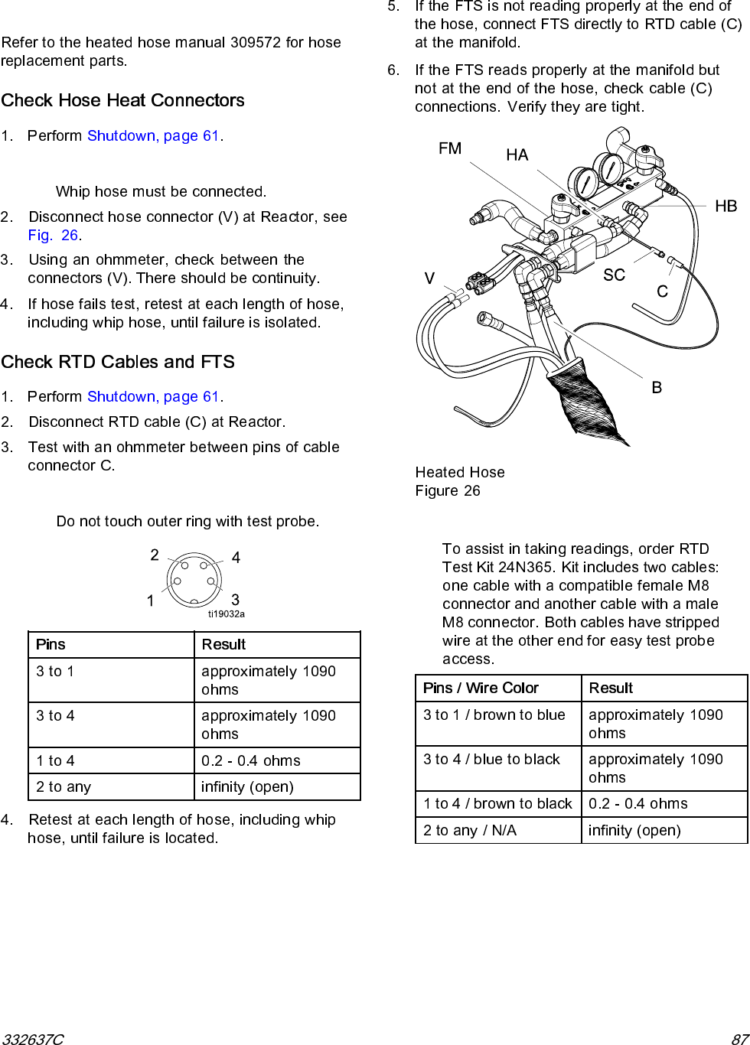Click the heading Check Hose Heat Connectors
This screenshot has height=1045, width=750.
pyautogui.click(x=122, y=100)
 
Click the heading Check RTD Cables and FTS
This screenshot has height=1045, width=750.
pyautogui.click(x=118, y=362)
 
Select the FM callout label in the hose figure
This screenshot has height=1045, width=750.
pyautogui.click(x=450, y=148)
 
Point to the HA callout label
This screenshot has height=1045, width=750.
pyautogui.click(x=517, y=155)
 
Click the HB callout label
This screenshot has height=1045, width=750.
pyautogui.click(x=726, y=206)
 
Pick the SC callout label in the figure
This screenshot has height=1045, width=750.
pyautogui.click(x=614, y=275)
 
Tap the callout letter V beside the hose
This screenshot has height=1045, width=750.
pyautogui.click(x=429, y=278)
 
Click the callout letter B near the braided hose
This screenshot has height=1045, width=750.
pyautogui.click(x=657, y=388)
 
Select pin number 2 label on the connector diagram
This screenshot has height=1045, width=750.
pyautogui.click(x=155, y=555)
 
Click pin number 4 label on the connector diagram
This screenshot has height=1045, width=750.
pyautogui.click(x=236, y=558)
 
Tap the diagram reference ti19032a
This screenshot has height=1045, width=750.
pyautogui.click(x=227, y=614)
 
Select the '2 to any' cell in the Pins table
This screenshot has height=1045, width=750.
pyautogui.click(x=64, y=786)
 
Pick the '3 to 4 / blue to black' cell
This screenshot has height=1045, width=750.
pyautogui.click(x=492, y=759)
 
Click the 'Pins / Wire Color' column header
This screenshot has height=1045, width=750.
pyautogui.click(x=481, y=688)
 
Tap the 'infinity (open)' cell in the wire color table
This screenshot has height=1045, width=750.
pyautogui.click(x=634, y=830)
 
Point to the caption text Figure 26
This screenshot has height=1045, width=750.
pyautogui.click(x=448, y=490)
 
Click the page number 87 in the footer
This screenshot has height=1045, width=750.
pyautogui.click(x=739, y=1039)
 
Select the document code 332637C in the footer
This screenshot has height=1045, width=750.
pyautogui.click(x=32, y=1039)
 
